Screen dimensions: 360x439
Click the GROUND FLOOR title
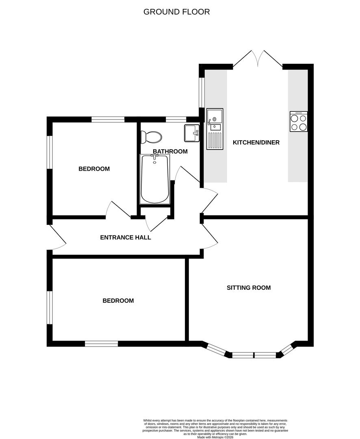tap(176, 12)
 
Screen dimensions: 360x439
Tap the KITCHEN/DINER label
tap(256, 143)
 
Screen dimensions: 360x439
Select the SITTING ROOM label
tap(249, 287)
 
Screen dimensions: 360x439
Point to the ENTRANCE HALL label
tap(126, 237)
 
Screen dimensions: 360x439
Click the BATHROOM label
tap(170, 152)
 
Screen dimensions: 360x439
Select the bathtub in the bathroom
tap(155, 179)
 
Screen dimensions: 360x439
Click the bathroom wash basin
tap(192, 133)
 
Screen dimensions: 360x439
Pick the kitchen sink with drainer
tap(215, 129)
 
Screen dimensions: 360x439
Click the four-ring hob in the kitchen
tap(299, 122)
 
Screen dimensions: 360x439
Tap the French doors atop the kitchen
tap(258, 59)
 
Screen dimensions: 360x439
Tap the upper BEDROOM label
tap(94, 169)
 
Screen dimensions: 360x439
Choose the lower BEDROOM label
tap(118, 301)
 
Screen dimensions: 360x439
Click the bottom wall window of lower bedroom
tap(101, 344)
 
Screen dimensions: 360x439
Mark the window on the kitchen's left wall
tap(202, 92)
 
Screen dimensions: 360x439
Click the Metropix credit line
tap(215, 437)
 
